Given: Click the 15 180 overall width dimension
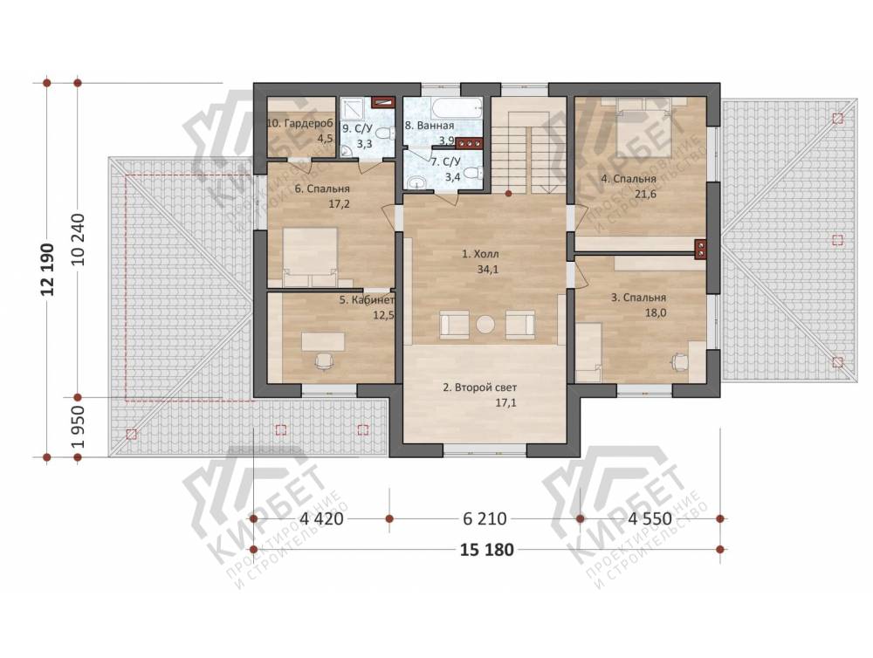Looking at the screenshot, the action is [486, 550].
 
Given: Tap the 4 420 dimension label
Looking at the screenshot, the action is [321, 519].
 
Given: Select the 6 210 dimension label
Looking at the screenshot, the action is [485, 519].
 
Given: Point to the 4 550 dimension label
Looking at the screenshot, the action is [650, 519].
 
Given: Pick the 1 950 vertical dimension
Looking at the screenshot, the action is [79, 427].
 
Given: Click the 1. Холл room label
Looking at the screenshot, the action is [480, 255].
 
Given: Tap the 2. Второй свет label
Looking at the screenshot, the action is [480, 387].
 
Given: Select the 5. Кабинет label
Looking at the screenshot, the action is [368, 300].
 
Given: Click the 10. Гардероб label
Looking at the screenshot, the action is [300, 123].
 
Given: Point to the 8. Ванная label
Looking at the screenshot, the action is [430, 126].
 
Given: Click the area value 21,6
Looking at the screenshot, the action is [645, 195].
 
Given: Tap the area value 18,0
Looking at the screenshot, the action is [656, 313].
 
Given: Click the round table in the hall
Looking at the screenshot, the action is [485, 325].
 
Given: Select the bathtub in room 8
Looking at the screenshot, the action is [443, 107].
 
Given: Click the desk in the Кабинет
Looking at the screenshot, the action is [323, 341].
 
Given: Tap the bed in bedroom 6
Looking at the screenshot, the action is [310, 257].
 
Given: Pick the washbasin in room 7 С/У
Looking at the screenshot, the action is [416, 182].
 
